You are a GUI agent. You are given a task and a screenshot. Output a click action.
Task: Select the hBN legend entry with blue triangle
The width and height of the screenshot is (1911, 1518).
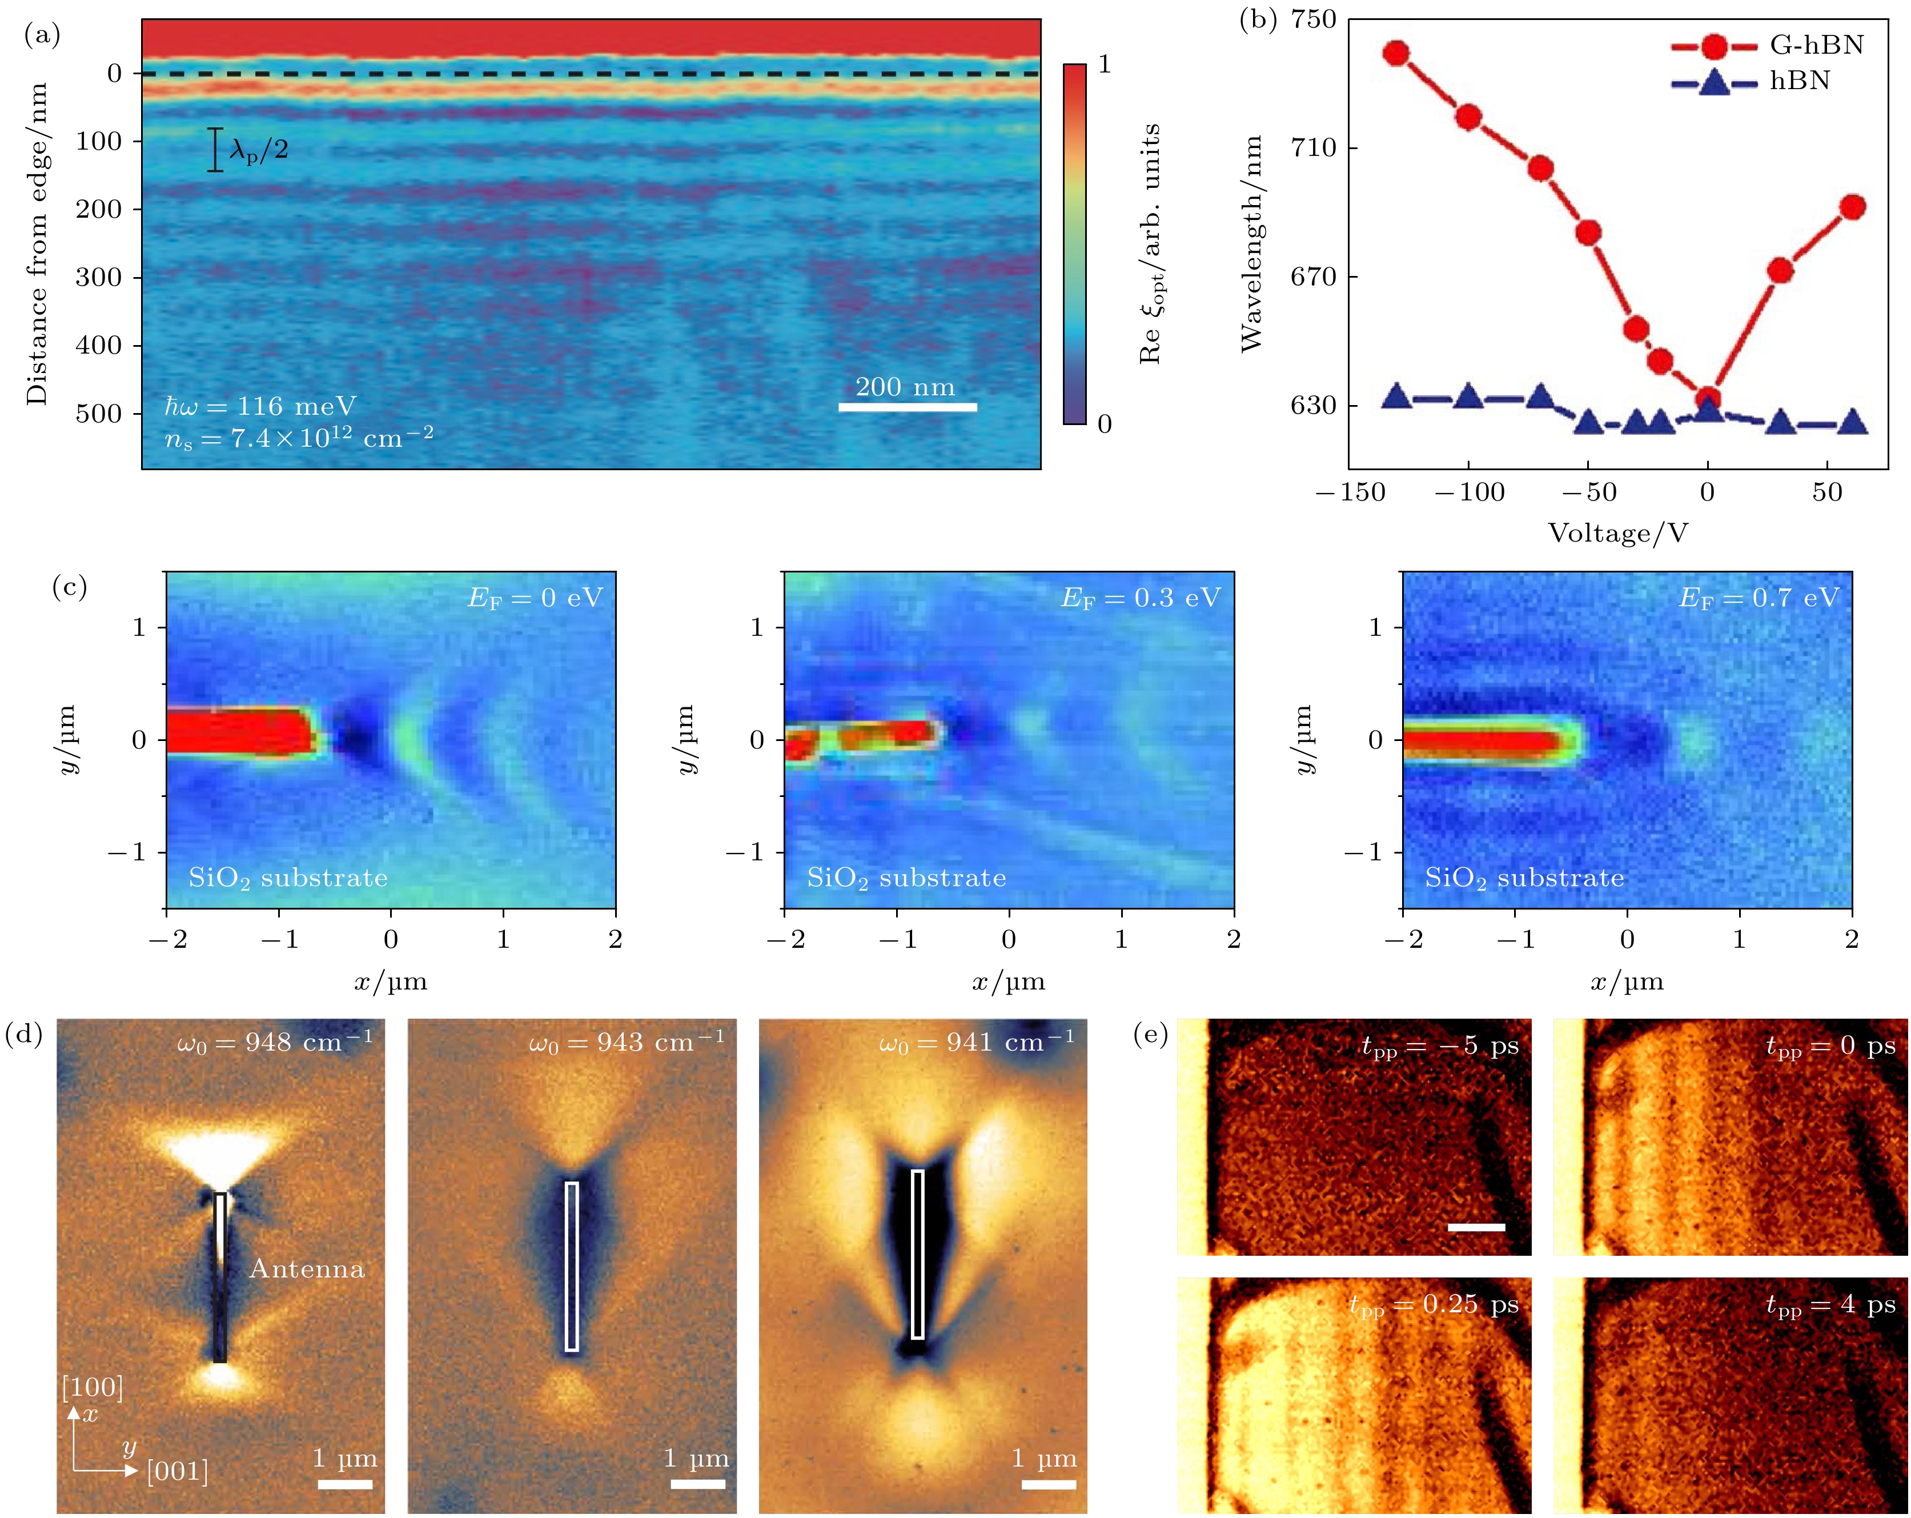[1751, 82]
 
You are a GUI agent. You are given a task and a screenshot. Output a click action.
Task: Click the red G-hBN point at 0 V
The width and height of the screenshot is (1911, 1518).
[1708, 399]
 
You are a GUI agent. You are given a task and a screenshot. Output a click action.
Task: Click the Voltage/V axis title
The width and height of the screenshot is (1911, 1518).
[1617, 533]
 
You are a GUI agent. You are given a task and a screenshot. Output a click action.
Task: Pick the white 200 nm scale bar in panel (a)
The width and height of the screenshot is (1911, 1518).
[908, 407]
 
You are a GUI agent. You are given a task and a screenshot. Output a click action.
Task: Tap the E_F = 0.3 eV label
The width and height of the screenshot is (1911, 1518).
[1141, 599]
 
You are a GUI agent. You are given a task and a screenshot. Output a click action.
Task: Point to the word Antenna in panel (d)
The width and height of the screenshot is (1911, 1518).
[307, 1269]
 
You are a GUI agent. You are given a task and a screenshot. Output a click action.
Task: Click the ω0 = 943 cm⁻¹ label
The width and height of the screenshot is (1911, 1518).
[626, 1042]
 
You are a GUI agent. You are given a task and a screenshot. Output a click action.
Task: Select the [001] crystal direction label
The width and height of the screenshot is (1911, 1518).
[177, 1471]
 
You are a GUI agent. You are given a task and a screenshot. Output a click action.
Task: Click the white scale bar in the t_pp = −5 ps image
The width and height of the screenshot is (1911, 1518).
[1477, 1227]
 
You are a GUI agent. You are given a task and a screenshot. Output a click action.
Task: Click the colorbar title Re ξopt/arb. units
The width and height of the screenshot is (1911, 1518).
[1150, 244]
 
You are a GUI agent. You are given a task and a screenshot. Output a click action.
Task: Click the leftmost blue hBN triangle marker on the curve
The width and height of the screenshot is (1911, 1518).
[1397, 396]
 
